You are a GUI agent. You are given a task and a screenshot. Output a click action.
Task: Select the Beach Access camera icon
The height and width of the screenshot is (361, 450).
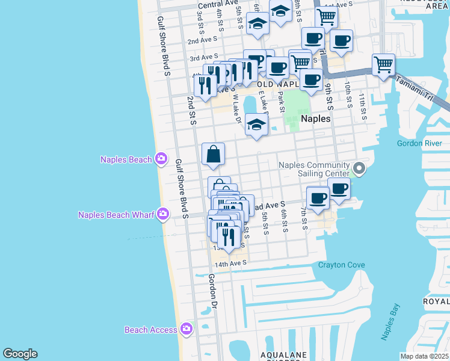coord(186,329)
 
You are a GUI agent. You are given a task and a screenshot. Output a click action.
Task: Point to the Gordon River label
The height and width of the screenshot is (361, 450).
coord(419,143)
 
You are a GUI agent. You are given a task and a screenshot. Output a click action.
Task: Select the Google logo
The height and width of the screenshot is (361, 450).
coord(20,354)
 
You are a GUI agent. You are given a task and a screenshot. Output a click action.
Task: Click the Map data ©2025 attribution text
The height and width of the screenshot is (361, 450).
coord(424,356)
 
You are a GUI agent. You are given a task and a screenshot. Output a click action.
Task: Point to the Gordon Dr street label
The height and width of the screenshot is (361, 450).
coord(212,292)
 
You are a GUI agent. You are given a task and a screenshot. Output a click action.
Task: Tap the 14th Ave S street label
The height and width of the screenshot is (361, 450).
coord(231,264)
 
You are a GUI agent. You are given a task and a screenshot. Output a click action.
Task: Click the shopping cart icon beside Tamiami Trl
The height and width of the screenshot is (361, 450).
coord(383,63)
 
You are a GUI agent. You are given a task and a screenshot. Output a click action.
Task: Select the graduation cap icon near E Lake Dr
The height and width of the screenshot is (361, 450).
coord(257,125)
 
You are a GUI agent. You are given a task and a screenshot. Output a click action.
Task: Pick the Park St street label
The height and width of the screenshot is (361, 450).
coord(281,101)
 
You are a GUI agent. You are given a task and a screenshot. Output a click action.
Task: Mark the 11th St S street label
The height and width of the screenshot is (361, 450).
coord(362,106)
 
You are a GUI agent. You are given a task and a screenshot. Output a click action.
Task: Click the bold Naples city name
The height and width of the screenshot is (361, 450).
coord(316,119)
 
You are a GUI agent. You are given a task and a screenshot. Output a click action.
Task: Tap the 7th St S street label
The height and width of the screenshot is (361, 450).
coord(304,217)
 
